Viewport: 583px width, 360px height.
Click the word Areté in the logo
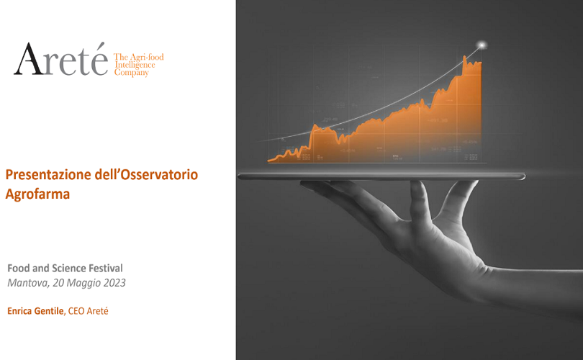coord(60,60)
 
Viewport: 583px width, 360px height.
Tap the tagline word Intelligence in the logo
coord(135,65)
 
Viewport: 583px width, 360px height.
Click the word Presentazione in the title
coord(48,174)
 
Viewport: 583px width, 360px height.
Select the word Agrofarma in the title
coord(37,194)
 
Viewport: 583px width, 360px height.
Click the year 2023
coord(114,283)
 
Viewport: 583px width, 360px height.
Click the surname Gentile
coord(49,311)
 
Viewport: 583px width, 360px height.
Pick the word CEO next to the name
coord(76,311)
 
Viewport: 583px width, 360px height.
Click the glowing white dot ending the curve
coord(482,45)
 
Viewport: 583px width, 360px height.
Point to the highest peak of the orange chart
coord(464,57)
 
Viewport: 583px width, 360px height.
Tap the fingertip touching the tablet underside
coord(418,185)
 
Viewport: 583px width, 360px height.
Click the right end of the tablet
coord(523,176)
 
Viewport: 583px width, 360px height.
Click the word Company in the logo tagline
coord(131,73)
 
